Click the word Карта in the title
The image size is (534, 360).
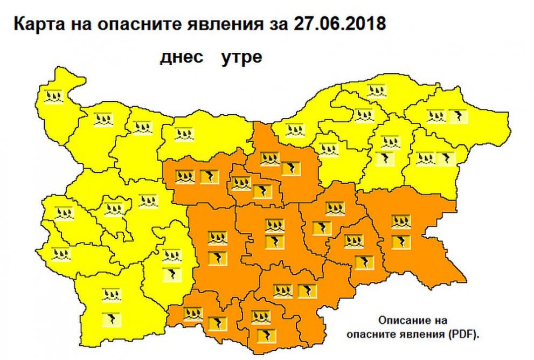click(36, 25)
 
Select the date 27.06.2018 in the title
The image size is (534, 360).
click(339, 25)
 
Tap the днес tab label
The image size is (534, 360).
click(182, 57)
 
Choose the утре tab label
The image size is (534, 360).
click(241, 57)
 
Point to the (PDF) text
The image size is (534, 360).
click(462, 334)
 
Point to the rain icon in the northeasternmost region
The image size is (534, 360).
click(435, 116)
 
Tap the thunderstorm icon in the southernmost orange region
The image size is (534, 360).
click(263, 335)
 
